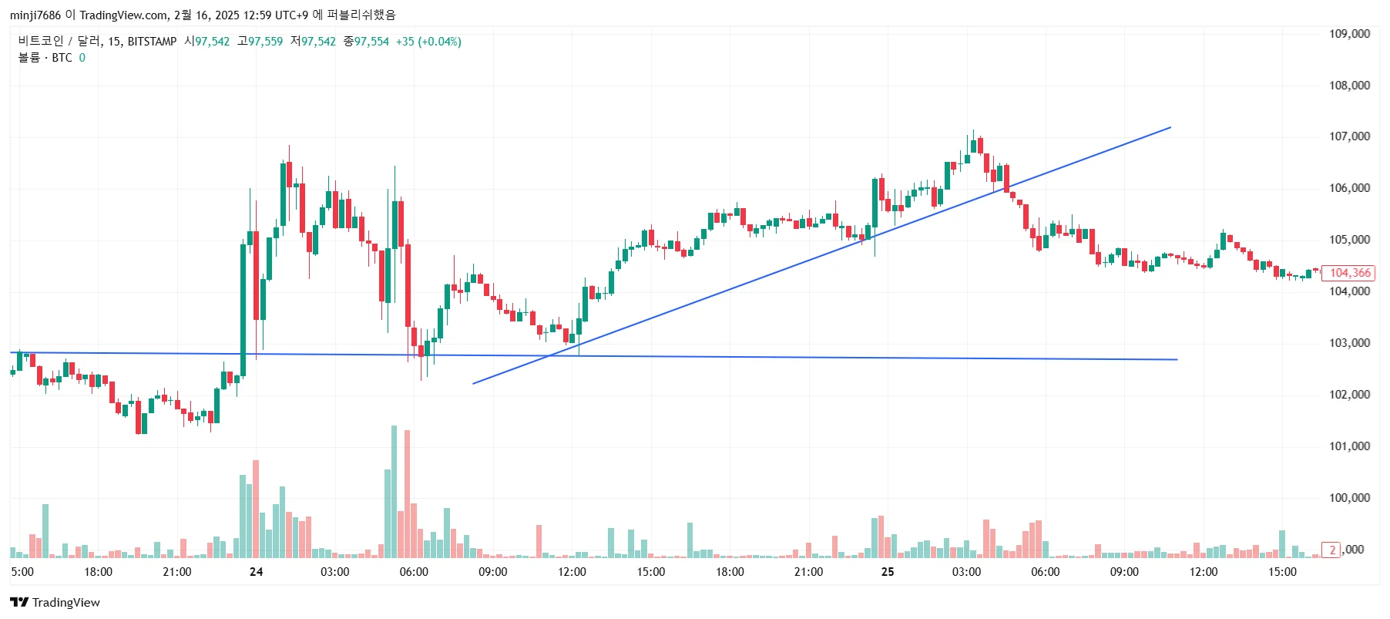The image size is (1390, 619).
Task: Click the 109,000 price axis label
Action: (1349, 34)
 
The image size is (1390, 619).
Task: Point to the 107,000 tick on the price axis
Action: (1349, 136)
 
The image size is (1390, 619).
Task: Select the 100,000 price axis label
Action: (1349, 498)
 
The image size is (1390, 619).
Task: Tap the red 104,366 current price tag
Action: (1349, 273)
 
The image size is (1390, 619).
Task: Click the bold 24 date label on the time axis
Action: (256, 572)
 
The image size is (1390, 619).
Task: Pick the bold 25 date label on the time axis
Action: (888, 572)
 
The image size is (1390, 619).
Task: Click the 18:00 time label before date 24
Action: (98, 572)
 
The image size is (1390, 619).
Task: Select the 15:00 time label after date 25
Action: (1282, 572)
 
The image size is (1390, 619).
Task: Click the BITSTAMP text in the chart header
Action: (152, 42)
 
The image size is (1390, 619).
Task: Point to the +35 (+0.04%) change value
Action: (428, 42)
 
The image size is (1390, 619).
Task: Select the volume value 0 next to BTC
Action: (82, 58)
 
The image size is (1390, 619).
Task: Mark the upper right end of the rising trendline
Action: (1170, 128)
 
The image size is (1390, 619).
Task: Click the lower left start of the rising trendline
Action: (473, 383)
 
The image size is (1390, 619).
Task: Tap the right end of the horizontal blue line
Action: (1177, 359)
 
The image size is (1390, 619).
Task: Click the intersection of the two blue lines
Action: (549, 356)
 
